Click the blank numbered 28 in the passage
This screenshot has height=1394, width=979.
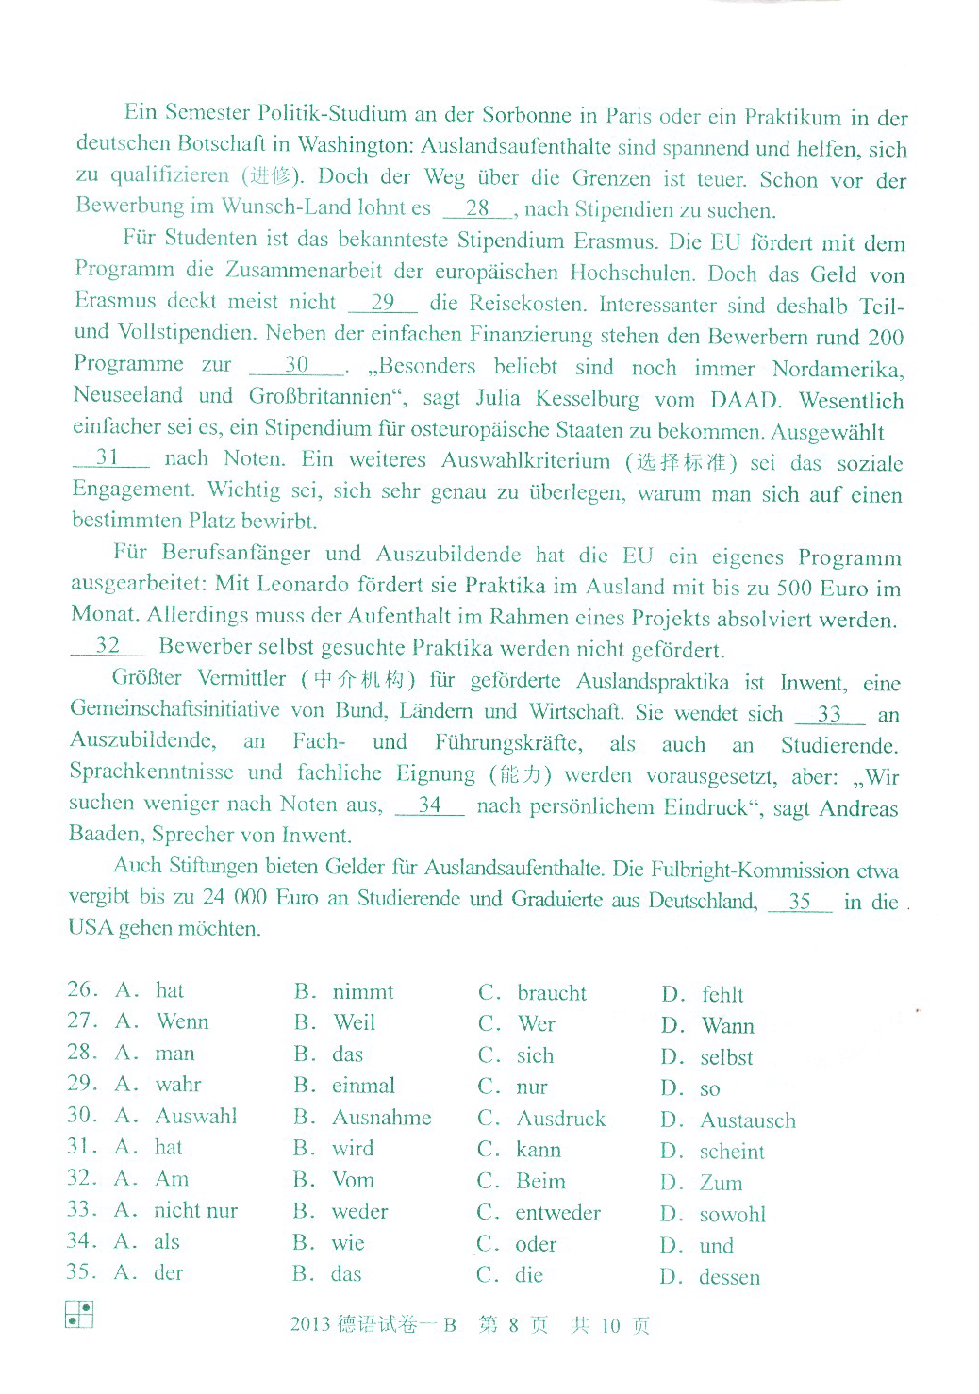(x=477, y=208)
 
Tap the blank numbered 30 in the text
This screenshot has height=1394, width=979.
(x=296, y=365)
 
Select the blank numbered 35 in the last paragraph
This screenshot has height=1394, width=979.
(x=800, y=902)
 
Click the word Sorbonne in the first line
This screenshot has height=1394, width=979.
(x=526, y=115)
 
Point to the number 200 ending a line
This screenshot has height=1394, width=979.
(x=885, y=337)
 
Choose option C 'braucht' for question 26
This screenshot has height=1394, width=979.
(x=552, y=993)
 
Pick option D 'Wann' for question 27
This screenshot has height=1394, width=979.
(x=727, y=1025)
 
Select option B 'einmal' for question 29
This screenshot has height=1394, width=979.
(x=363, y=1086)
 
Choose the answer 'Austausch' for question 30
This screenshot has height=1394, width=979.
(x=748, y=1120)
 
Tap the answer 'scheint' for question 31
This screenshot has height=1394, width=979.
(x=732, y=1152)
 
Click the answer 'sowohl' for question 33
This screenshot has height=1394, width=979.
(x=733, y=1215)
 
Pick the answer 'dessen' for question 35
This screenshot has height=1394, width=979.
(x=729, y=1278)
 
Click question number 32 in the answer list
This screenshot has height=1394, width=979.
(x=82, y=1178)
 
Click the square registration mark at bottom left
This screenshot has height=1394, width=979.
(x=78, y=1315)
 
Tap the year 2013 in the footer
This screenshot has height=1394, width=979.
(x=310, y=1325)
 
